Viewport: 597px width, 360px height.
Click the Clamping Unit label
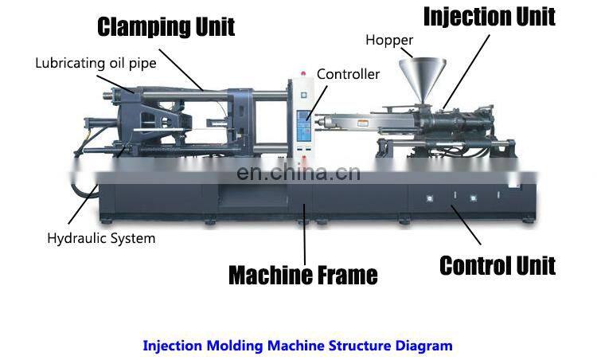[166, 26]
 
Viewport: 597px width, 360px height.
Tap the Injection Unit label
[488, 16]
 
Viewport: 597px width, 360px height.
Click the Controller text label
[348, 74]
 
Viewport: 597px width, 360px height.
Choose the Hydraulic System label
[101, 237]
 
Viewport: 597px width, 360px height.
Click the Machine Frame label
[302, 276]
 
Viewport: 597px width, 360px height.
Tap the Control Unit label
[497, 264]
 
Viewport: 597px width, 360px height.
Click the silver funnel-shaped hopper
[422, 76]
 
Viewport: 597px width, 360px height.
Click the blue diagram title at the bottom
[298, 346]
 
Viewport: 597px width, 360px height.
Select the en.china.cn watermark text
[298, 172]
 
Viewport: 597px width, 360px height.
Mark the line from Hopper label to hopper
[408, 50]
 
